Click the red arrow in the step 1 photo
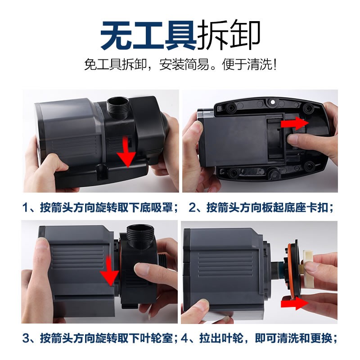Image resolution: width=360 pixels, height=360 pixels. (126, 152)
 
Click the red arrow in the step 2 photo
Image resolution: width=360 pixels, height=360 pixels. (295, 123)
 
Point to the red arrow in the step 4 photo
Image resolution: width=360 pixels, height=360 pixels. (295, 303)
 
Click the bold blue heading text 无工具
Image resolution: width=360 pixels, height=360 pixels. (148, 35)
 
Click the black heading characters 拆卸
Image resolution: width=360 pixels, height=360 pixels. (229, 35)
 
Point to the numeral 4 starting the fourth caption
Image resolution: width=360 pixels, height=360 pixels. (184, 338)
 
